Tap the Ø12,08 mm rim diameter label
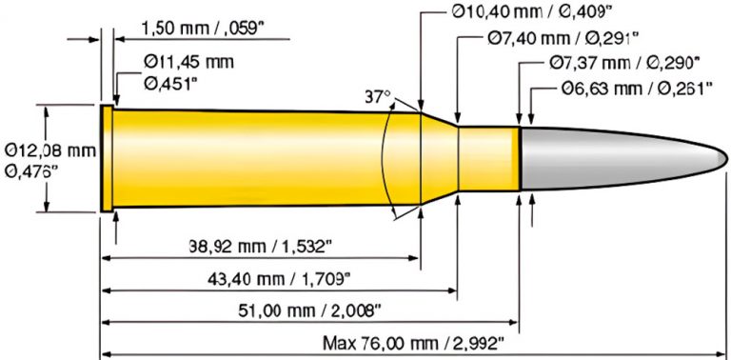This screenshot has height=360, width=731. coord(49,150)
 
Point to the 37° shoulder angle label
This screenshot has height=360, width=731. coord(378,97)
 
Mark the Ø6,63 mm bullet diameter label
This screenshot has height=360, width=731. coord(638,90)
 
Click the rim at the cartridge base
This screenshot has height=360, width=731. coord(107,158)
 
